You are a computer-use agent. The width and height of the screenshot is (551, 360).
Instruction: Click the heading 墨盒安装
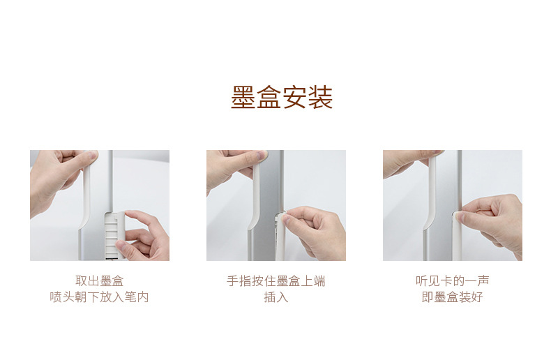click(x=282, y=97)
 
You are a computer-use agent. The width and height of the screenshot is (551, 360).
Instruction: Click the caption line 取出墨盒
click(x=100, y=281)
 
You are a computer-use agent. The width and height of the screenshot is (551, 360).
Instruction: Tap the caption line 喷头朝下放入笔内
click(x=100, y=297)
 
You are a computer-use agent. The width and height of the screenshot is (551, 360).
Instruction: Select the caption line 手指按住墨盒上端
click(x=276, y=281)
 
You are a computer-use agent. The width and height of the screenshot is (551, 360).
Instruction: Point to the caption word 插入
click(x=276, y=297)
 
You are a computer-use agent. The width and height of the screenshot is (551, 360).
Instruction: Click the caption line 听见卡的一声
click(x=452, y=281)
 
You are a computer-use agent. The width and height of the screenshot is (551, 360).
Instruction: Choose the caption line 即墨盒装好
click(x=452, y=297)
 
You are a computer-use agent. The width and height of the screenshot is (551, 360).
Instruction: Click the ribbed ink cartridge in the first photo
click(x=114, y=236)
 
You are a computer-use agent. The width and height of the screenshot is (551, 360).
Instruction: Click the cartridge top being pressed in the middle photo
click(x=280, y=215)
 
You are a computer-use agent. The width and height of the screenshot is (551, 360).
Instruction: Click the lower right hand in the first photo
click(x=144, y=236)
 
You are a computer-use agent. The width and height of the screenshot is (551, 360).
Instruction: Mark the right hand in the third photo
click(x=492, y=221)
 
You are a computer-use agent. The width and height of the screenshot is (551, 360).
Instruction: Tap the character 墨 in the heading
click(x=243, y=97)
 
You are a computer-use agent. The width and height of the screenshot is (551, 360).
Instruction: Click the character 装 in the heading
click(x=320, y=97)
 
